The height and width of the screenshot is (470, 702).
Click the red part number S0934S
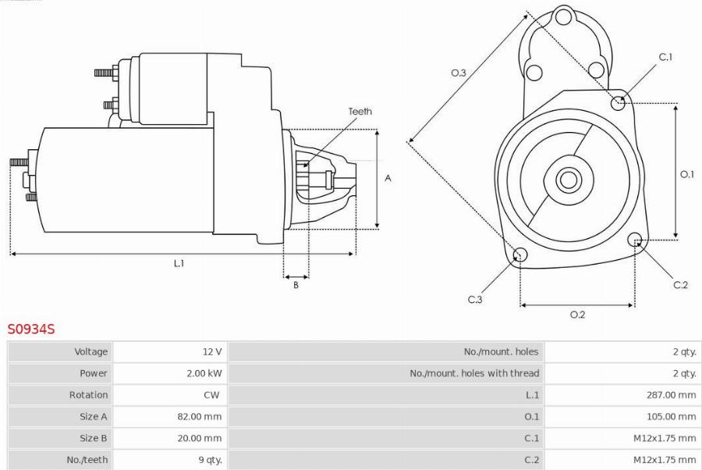pos(31,329)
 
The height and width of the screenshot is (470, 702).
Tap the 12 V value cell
pos(211,351)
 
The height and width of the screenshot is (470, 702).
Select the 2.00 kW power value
pos(204,373)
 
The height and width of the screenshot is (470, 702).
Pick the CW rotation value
pos(211,395)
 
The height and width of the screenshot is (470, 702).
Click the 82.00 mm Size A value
pos(199,416)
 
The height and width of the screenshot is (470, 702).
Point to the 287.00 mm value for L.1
pos(671,395)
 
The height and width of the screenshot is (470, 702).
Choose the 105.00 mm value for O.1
pos(671,416)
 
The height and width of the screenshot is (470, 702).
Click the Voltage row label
pos(91,351)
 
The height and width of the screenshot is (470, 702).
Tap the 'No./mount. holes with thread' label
pos(474,373)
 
